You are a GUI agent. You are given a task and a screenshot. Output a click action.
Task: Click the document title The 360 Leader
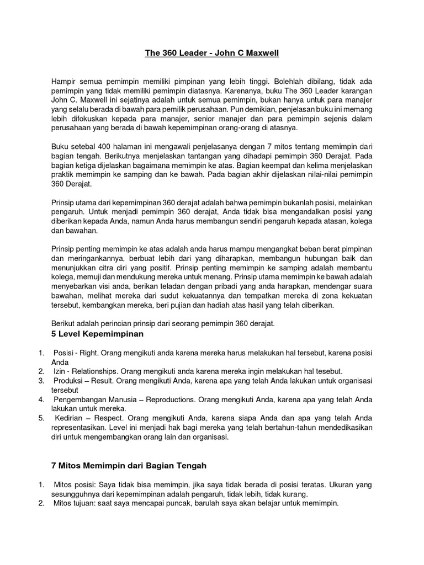[176, 54]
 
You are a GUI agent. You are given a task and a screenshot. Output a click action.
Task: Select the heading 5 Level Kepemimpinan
[97, 334]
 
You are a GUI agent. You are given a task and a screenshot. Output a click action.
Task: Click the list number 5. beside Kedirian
[42, 418]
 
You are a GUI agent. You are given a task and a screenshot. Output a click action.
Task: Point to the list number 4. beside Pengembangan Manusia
[42, 399]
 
